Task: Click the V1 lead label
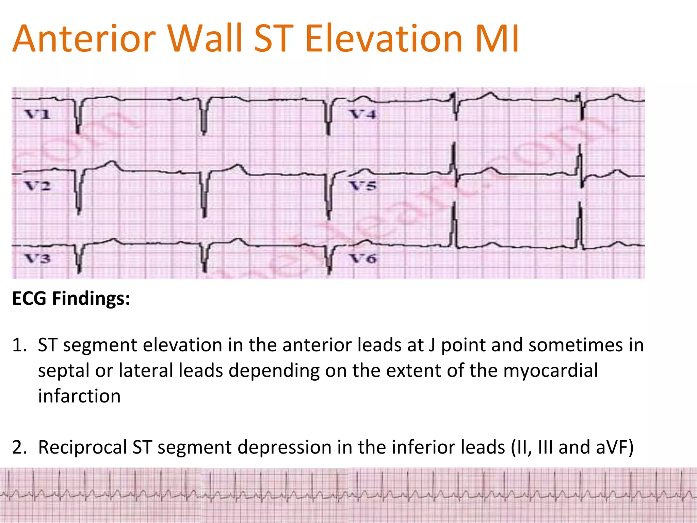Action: [37, 114]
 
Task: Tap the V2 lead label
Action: [37, 186]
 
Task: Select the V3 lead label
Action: [37, 259]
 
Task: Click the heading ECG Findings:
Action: [71, 299]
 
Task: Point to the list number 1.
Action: [19, 345]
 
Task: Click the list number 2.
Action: [19, 447]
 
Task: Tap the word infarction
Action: [79, 396]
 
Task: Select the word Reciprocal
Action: [82, 447]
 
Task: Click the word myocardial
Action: [550, 370]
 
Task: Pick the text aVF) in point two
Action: [615, 447]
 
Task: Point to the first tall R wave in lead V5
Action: [454, 160]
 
